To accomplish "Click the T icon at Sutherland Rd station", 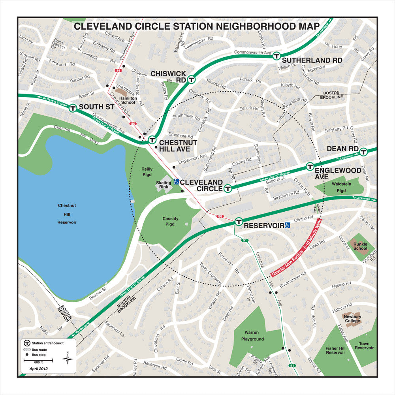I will click(x=276, y=56).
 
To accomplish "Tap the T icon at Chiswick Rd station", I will click(x=191, y=79).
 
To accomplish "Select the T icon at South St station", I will click(x=73, y=108).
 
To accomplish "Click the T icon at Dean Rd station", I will click(x=363, y=151).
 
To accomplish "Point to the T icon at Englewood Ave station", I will click(x=310, y=167).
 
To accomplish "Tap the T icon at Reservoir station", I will click(x=238, y=222).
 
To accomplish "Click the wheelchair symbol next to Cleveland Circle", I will click(x=176, y=182).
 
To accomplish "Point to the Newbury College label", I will click(x=352, y=319).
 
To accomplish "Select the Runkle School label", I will click(x=360, y=246).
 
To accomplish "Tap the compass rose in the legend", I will click(x=68, y=358).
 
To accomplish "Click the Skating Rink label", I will click(x=164, y=185).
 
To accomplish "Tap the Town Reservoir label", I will click(x=364, y=346).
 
